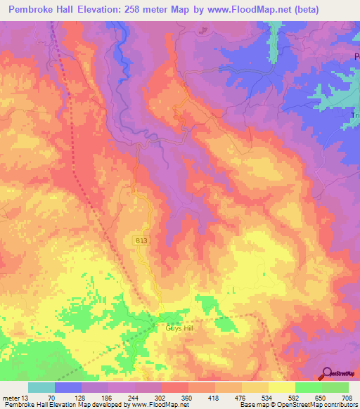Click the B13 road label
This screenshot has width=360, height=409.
(x=142, y=240)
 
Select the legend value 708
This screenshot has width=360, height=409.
(x=345, y=398)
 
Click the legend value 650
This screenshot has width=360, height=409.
(x=320, y=398)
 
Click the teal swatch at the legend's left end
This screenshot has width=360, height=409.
(x=41, y=387)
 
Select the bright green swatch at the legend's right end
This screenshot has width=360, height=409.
(x=335, y=387)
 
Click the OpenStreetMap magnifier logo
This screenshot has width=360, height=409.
(x=326, y=372)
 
